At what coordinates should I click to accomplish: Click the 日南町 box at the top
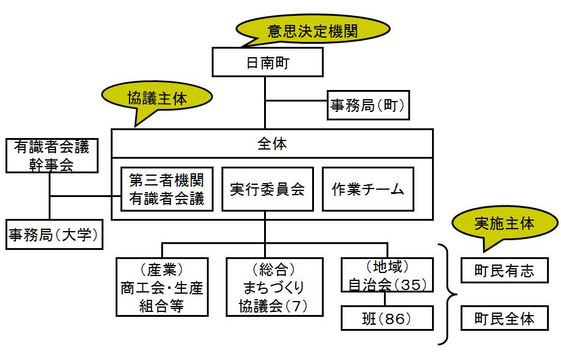(267, 63)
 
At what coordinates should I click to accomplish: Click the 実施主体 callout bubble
(504, 223)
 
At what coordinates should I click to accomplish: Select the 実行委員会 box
(267, 189)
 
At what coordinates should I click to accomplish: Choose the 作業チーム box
(368, 189)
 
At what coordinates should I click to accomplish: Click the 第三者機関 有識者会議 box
(167, 189)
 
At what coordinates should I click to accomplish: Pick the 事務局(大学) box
(53, 234)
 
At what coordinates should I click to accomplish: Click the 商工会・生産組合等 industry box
(162, 287)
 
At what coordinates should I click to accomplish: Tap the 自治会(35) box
(387, 275)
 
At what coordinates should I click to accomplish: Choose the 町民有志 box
(504, 270)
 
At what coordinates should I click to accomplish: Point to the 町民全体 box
(504, 318)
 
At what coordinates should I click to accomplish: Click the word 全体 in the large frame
(272, 144)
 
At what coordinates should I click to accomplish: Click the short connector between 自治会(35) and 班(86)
(386, 300)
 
